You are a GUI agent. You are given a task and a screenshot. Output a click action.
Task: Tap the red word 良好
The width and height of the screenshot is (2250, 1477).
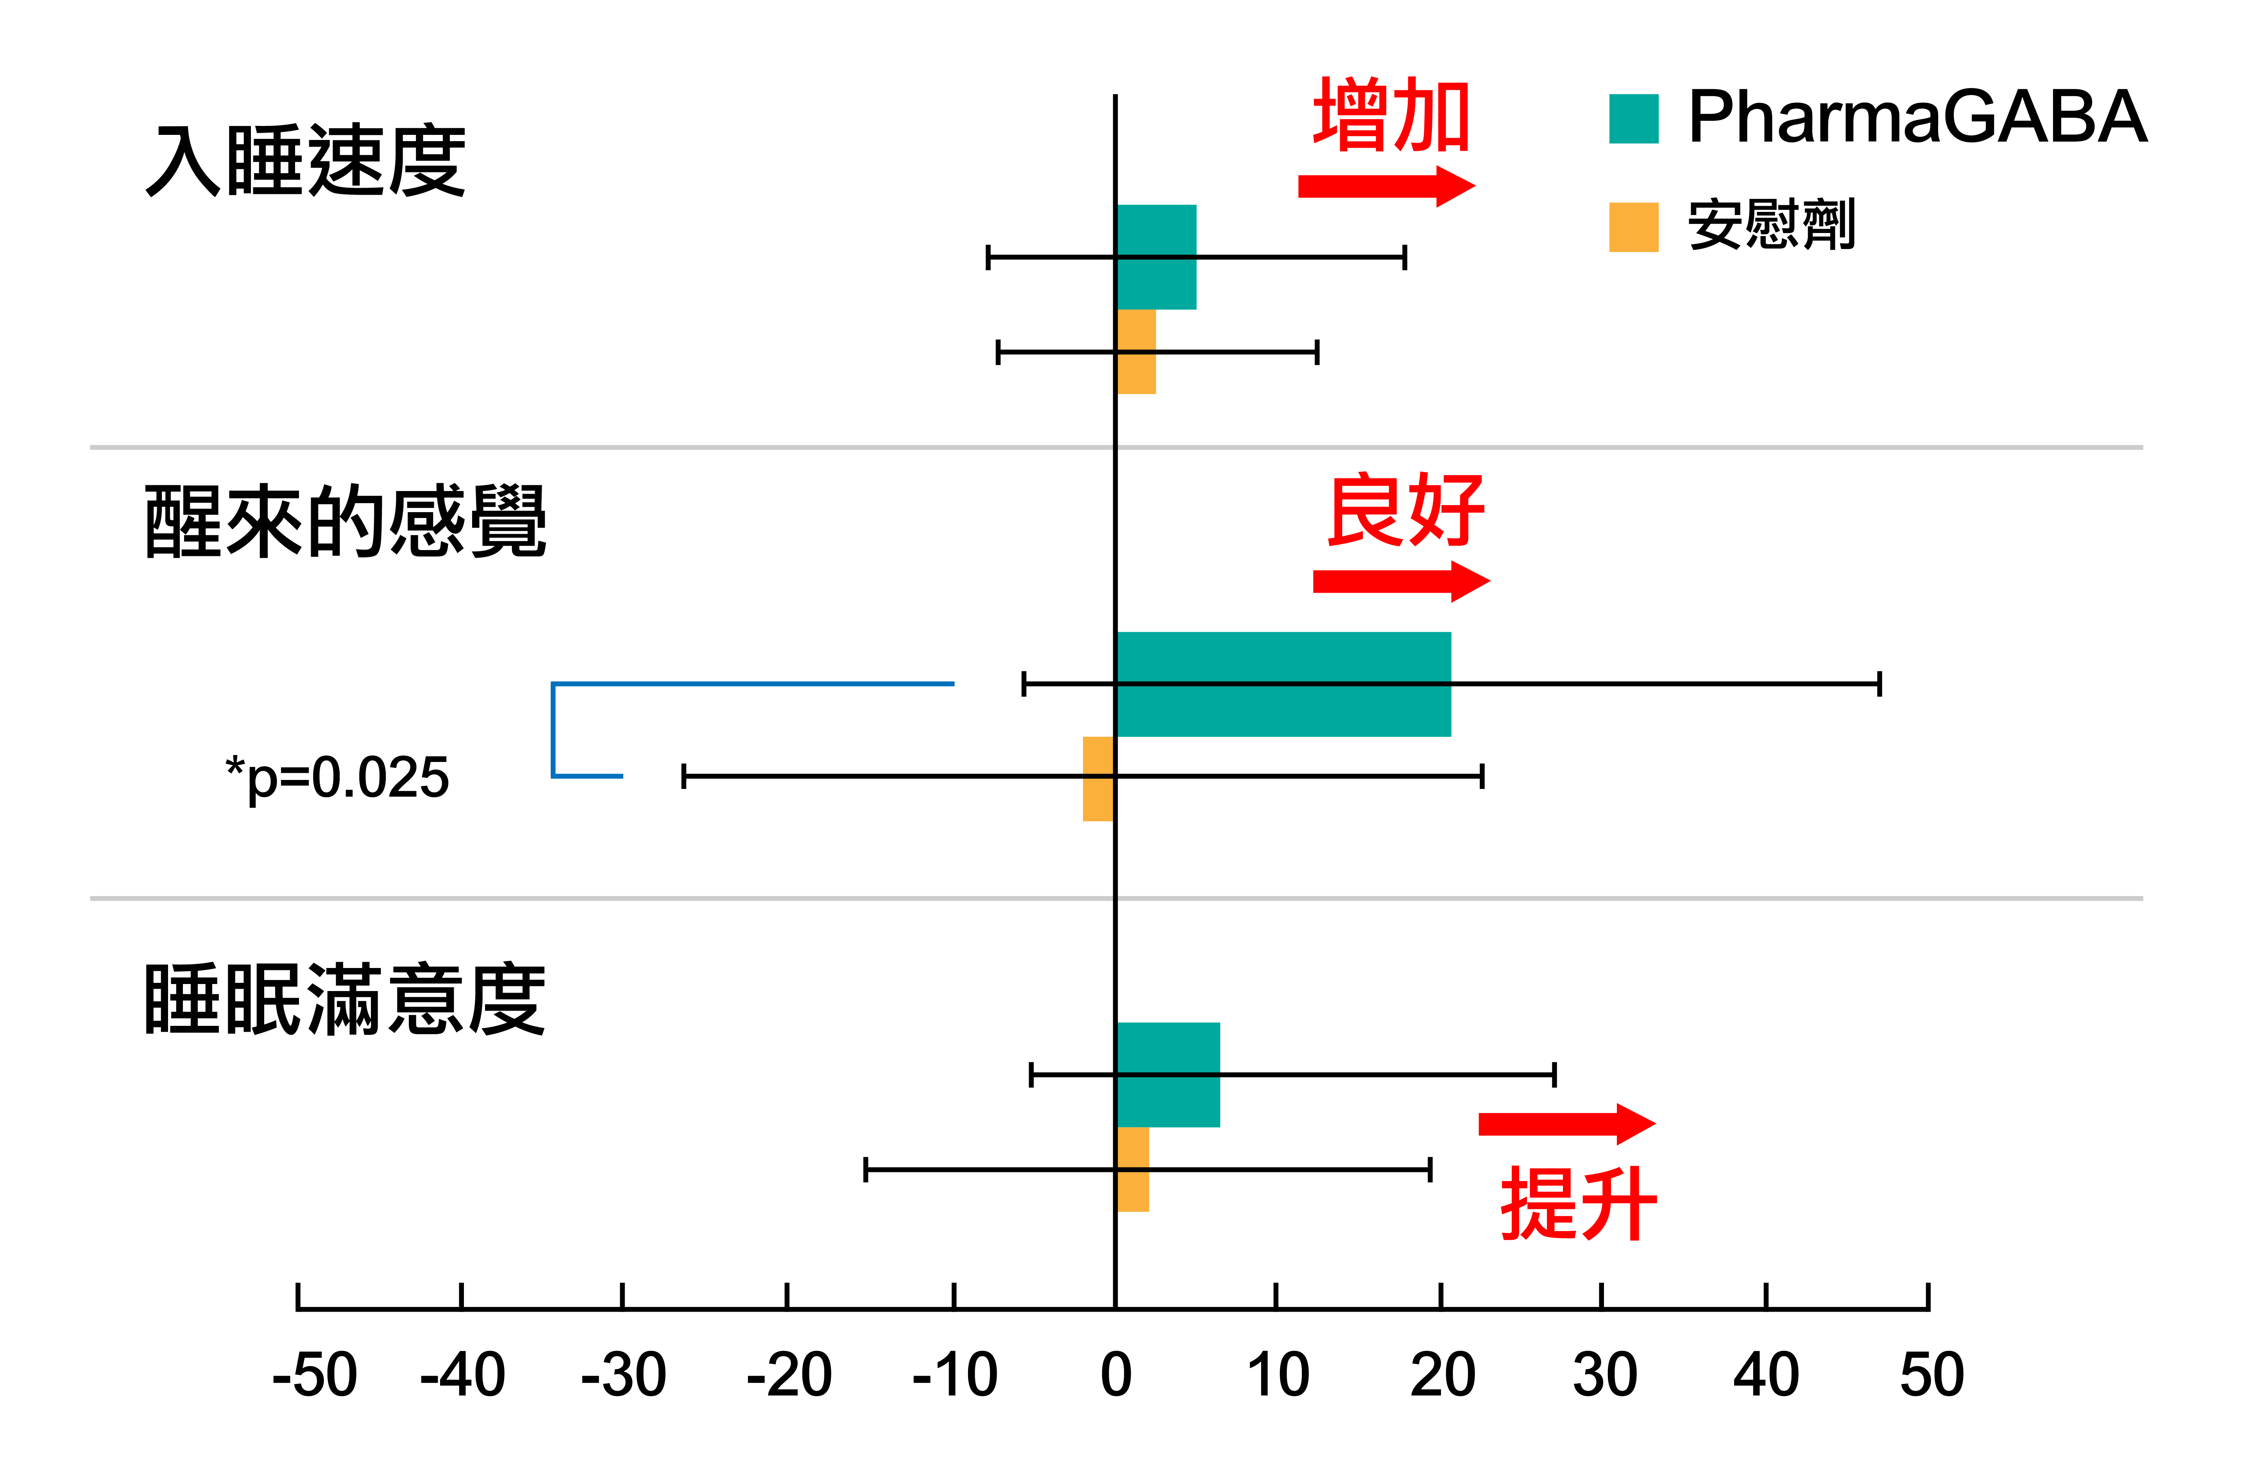[1406, 511]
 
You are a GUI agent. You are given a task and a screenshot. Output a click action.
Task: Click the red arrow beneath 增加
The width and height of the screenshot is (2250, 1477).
[1385, 186]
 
